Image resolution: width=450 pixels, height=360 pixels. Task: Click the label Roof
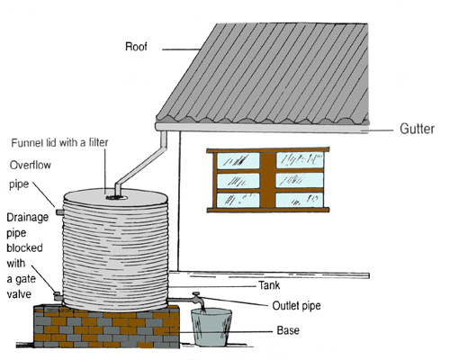[136, 47]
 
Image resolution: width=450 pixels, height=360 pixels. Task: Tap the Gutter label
[417, 129]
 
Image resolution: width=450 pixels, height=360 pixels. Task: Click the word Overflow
[31, 165]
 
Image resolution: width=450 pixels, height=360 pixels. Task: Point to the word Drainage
[28, 217]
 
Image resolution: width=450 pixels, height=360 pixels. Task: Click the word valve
[19, 294]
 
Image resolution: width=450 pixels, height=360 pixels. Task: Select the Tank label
[269, 285]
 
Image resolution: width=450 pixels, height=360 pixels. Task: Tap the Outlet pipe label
[296, 306]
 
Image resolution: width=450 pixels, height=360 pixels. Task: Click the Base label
[288, 330]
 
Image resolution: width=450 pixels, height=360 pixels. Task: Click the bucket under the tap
[211, 327]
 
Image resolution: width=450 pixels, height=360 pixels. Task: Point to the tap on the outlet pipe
[198, 299]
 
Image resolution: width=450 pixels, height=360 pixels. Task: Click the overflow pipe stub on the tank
[59, 212]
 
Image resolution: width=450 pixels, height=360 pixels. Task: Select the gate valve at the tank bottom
[58, 296]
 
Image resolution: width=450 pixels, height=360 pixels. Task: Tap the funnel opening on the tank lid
[117, 198]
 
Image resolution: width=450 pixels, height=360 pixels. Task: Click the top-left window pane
[238, 160]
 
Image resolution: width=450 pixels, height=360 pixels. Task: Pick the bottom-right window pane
[300, 200]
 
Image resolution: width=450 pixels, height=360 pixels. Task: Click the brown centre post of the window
[267, 180]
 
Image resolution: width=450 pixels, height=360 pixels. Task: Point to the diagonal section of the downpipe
[141, 166]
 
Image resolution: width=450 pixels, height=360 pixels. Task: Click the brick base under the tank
[106, 327]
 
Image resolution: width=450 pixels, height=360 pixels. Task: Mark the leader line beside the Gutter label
[376, 130]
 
